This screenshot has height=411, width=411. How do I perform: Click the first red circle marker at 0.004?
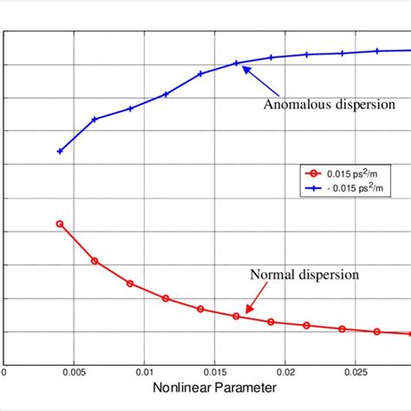click(60, 224)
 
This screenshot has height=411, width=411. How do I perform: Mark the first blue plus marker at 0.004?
click(60, 151)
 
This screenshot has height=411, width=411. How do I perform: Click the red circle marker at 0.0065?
click(95, 261)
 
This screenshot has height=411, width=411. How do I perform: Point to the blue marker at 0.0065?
click(95, 119)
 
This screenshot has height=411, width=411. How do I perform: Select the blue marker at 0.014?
click(200, 74)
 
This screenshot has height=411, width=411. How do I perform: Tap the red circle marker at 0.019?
click(271, 322)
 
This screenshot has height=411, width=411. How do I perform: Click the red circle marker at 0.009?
click(130, 284)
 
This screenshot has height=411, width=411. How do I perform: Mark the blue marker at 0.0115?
click(166, 94)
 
